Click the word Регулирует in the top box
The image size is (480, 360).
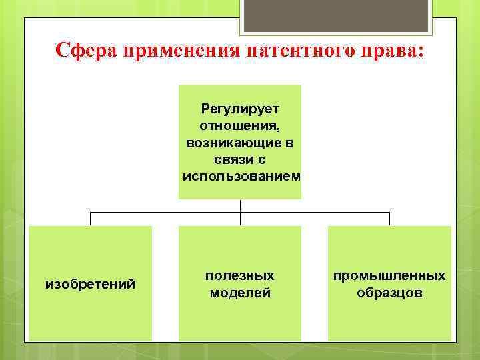pos(240,108)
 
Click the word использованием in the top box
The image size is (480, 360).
pos(241,177)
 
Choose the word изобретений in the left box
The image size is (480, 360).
pos(90,285)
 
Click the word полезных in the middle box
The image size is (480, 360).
pos(239,275)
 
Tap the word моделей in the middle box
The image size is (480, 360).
pos(240,293)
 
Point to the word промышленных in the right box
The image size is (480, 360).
pos(389,275)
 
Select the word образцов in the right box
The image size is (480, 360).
pos(389,293)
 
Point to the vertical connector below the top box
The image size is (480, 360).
pos(240,206)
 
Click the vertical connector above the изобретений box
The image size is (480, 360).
pos(91,219)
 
